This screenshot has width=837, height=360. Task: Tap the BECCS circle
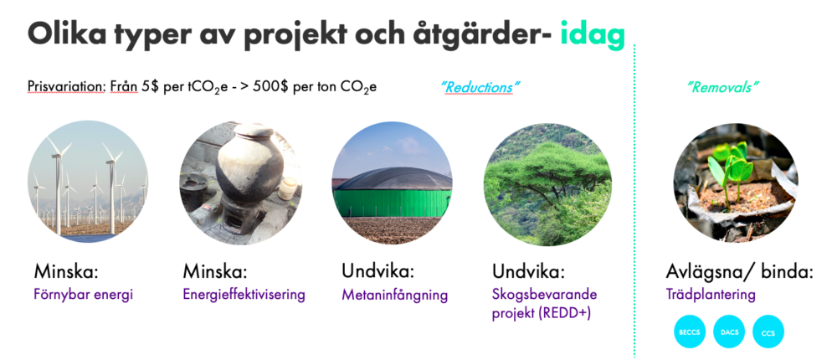[x=690, y=332]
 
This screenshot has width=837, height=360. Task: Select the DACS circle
[x=729, y=332]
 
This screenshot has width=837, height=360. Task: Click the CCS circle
[x=768, y=332]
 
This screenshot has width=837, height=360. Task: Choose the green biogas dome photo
[x=392, y=183]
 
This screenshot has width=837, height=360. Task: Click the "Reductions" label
[x=475, y=87]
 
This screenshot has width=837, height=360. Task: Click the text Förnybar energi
[x=84, y=295]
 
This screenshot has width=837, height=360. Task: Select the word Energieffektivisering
[x=244, y=295]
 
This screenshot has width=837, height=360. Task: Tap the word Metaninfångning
[x=394, y=295]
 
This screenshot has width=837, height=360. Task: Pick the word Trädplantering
[x=711, y=295]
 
